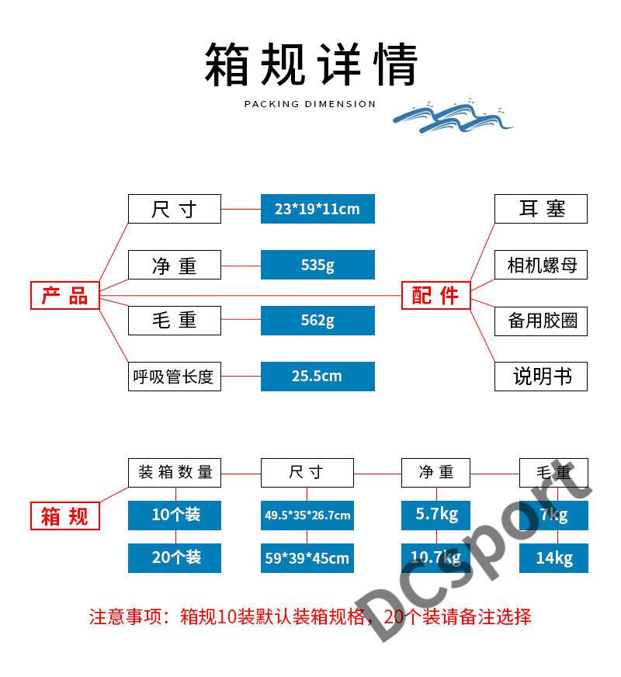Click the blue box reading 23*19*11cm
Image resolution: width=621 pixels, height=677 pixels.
coord(317,209)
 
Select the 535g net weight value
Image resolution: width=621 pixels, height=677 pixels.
coord(317,265)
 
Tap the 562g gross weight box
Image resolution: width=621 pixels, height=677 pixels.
coord(317,320)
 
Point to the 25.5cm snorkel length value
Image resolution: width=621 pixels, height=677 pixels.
coord(317,376)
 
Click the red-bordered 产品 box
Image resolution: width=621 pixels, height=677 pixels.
coord(65,295)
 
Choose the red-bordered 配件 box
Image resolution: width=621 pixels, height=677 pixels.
coord(435,295)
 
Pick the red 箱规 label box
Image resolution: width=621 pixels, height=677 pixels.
coord(65,516)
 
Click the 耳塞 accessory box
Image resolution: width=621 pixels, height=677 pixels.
coord(541,209)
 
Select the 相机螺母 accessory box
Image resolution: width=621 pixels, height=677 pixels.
coord(541,265)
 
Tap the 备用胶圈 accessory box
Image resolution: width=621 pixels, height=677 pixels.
coord(541,321)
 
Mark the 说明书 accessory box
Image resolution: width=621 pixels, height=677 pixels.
coord(541,377)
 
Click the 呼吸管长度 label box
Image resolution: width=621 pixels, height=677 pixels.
coord(174,377)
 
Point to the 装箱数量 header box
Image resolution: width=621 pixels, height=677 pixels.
coord(175,472)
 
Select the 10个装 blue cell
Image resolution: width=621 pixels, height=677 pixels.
coord(175,515)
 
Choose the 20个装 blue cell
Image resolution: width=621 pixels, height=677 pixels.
coord(175,557)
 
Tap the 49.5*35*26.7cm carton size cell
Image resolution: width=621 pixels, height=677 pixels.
coord(307,515)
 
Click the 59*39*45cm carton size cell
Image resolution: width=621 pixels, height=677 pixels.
coord(307,557)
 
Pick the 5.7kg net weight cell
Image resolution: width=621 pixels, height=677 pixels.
coord(436,515)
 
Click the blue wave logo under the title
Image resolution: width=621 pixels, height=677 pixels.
coord(453,116)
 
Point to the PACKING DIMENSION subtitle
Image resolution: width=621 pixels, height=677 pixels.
coord(310,104)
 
